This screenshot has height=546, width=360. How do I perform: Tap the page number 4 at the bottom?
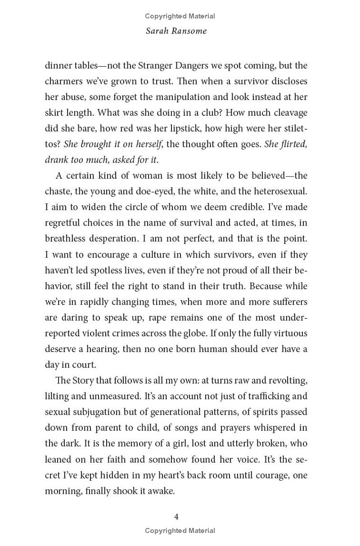coord(176,516)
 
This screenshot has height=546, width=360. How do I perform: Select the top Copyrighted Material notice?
coord(180,16)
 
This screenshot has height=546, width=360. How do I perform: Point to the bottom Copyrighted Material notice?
coord(180,531)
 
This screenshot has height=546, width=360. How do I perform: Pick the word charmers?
coord(64,81)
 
